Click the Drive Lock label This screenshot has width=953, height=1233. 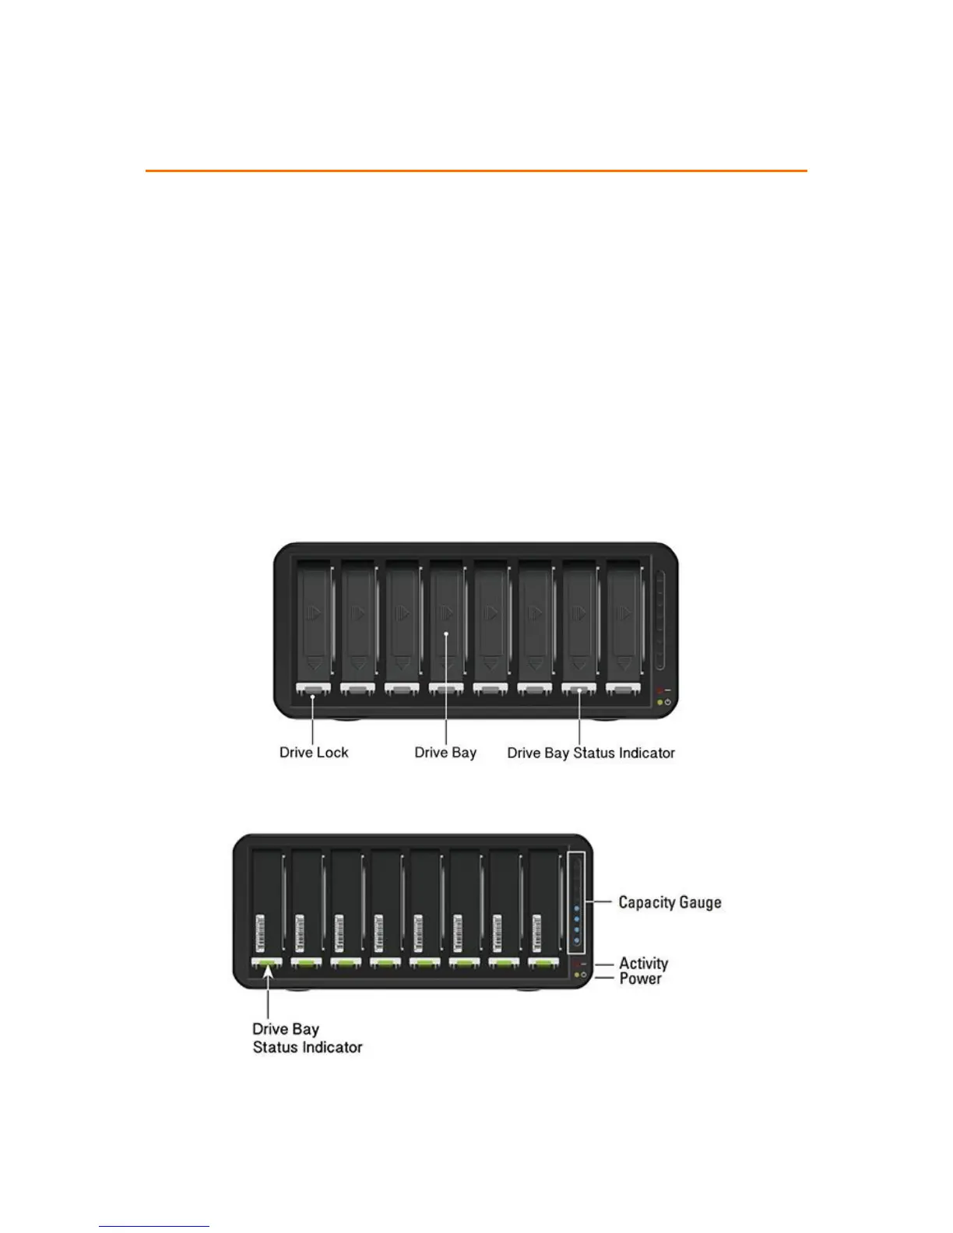(314, 753)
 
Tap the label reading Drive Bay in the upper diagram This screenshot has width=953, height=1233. (445, 753)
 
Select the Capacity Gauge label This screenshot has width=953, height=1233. (670, 902)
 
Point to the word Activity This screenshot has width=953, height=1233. (643, 964)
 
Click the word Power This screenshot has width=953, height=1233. (640, 978)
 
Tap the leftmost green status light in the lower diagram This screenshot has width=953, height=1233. (267, 964)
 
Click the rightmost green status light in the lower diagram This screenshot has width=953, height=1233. (543, 964)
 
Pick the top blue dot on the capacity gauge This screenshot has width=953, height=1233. (576, 908)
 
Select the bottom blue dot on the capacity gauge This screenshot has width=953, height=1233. (576, 940)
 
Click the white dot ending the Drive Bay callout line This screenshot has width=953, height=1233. (445, 634)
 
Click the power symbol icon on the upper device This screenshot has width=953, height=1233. (668, 702)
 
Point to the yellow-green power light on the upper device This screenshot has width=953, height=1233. (660, 702)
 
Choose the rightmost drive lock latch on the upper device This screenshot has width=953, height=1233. (623, 689)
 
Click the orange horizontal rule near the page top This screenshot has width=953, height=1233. (476, 170)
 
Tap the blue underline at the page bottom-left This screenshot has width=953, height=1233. (154, 1227)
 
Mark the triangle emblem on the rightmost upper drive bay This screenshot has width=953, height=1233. (624, 613)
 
